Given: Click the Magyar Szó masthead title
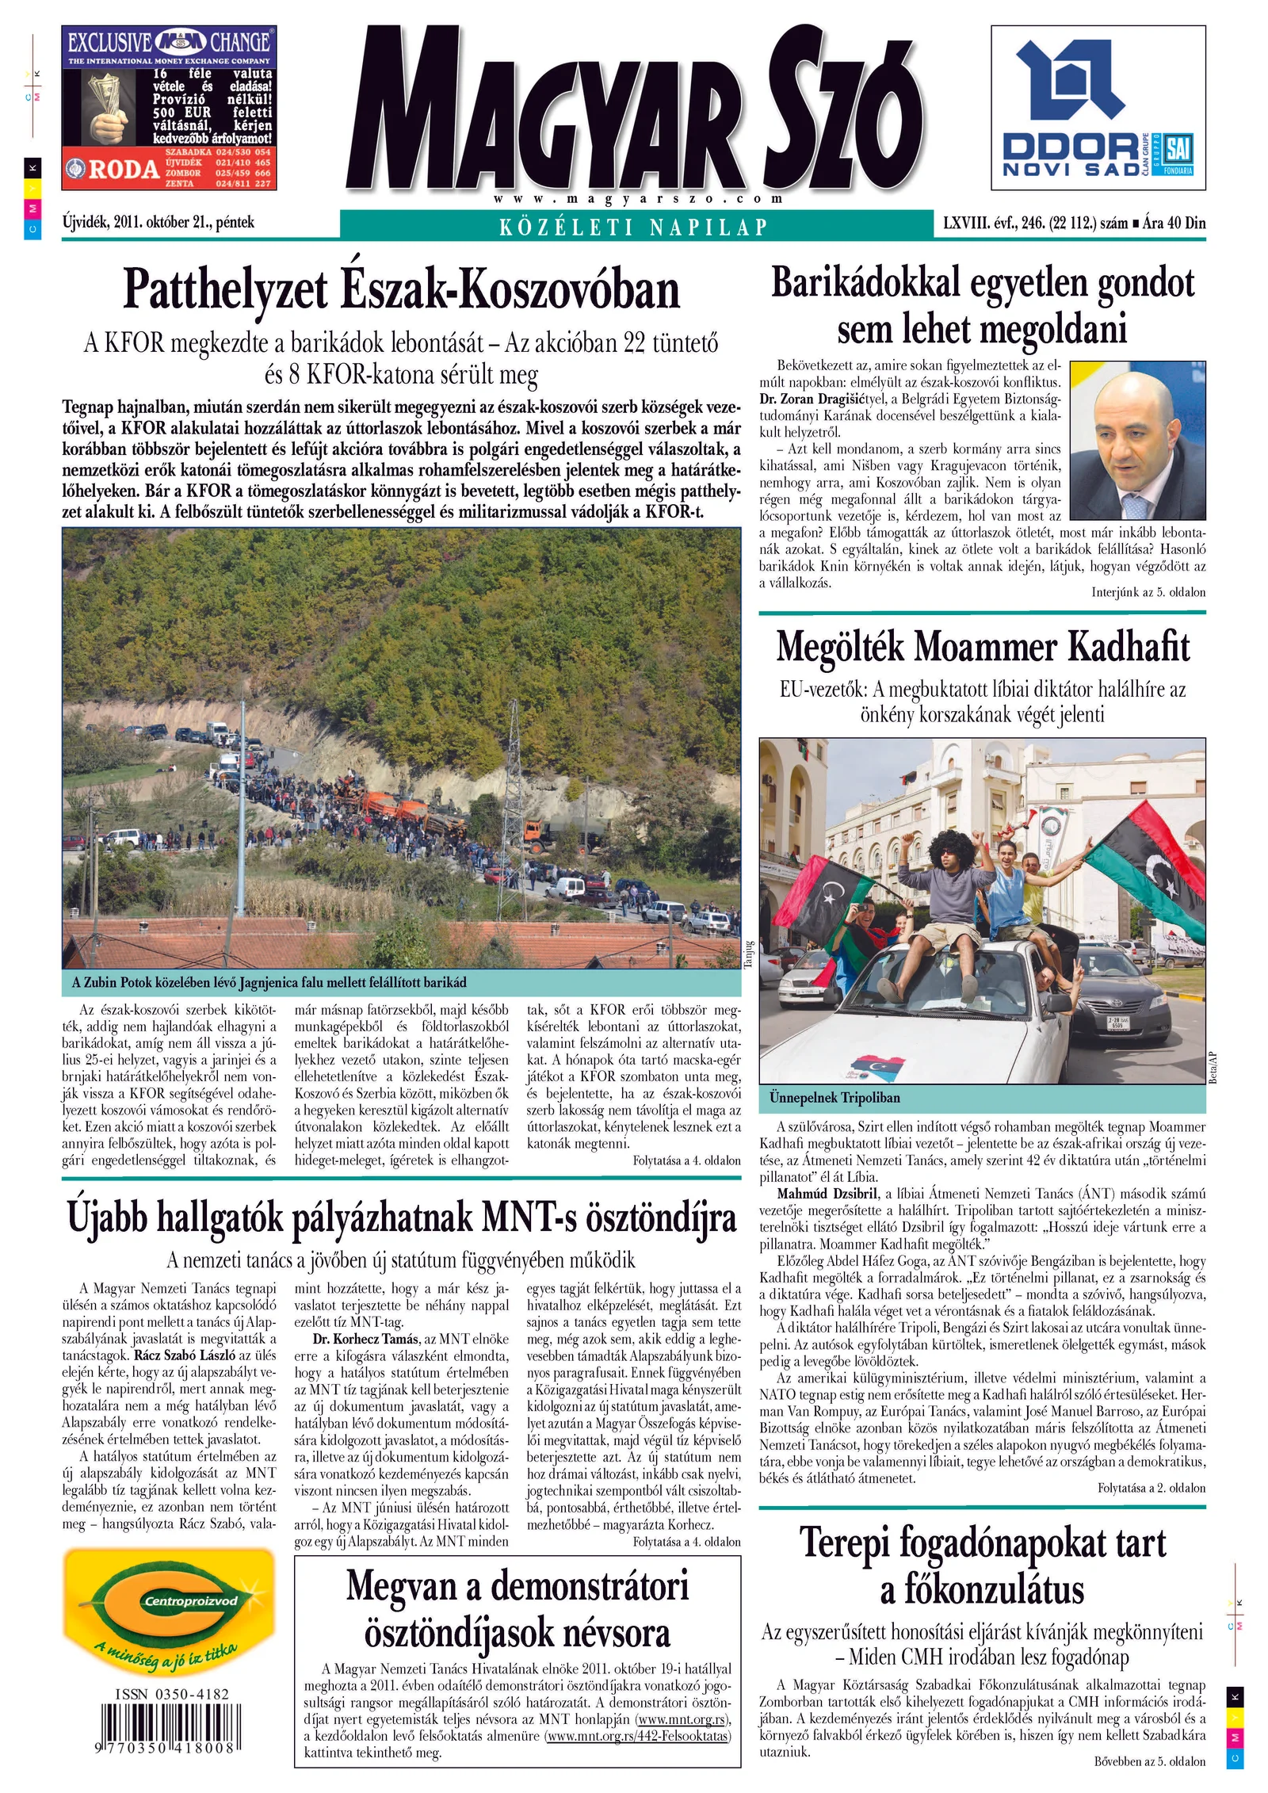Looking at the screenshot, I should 634,111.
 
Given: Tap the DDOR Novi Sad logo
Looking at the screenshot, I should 1098,108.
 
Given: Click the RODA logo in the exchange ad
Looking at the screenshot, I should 114,169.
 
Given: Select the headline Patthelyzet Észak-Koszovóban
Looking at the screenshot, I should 401,290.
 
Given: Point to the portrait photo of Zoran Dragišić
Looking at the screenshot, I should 1137,440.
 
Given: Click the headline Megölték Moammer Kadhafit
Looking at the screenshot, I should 982,646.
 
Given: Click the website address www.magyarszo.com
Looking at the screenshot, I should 637,199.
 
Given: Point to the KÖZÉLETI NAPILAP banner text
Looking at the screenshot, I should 634,227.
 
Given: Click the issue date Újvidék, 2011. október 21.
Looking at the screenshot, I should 158,223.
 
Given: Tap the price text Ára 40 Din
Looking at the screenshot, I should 1174,224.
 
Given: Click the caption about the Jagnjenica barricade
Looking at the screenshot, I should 269,983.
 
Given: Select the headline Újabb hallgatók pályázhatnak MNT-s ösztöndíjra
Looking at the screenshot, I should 401,1218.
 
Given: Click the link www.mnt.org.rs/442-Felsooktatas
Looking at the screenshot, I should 637,1735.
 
